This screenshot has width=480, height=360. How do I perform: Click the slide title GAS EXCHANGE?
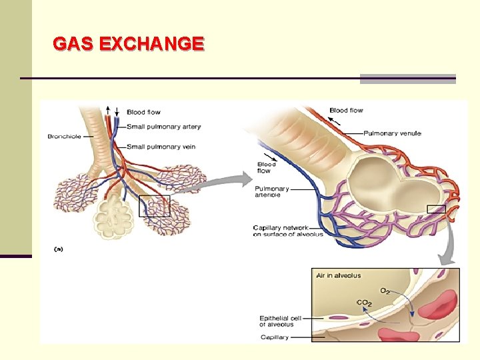tap(128, 44)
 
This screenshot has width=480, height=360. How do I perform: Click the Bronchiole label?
tap(63, 137)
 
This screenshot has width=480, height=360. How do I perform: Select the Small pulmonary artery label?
tap(163, 127)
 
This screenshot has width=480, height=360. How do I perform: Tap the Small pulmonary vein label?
tap(161, 147)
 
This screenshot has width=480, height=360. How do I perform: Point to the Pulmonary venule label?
tap(392, 133)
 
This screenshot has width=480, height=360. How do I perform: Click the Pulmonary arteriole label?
tap(271, 192)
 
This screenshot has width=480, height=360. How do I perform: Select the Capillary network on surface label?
tap(288, 231)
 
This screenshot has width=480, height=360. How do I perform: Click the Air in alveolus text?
tap(339, 275)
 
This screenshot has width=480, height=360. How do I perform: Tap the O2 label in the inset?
tap(385, 291)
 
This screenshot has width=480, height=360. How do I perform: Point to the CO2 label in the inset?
tap(364, 303)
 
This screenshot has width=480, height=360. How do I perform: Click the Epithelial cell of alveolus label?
tap(280, 321)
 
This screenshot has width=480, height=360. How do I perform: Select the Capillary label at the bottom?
tap(274, 337)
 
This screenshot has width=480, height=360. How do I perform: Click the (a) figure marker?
tap(58, 249)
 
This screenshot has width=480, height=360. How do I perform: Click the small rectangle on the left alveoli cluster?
tap(154, 206)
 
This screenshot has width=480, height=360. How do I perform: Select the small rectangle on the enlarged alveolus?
tap(436, 209)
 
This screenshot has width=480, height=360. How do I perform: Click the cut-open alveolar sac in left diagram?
tap(116, 217)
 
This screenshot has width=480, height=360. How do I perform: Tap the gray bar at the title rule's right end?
tap(407, 79)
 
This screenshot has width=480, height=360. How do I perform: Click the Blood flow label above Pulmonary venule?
tap(346, 110)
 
